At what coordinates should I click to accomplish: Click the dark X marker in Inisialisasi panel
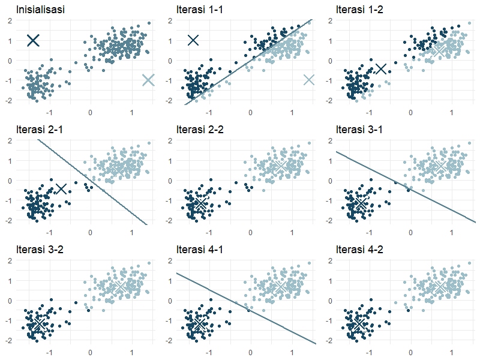pyautogui.click(x=33, y=40)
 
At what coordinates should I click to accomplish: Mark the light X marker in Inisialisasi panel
pyautogui.click(x=148, y=80)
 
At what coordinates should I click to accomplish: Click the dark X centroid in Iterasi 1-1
pyautogui.click(x=193, y=40)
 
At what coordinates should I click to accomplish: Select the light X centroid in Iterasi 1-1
pyautogui.click(x=308, y=80)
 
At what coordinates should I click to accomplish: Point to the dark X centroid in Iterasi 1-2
pyautogui.click(x=380, y=69)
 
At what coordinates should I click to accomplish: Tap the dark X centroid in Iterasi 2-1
pyautogui.click(x=61, y=189)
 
